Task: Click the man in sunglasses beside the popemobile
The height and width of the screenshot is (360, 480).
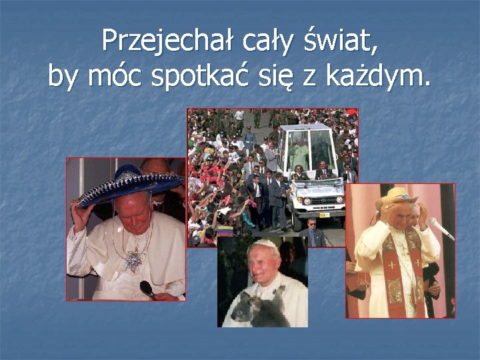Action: pyautogui.click(x=311, y=230)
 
